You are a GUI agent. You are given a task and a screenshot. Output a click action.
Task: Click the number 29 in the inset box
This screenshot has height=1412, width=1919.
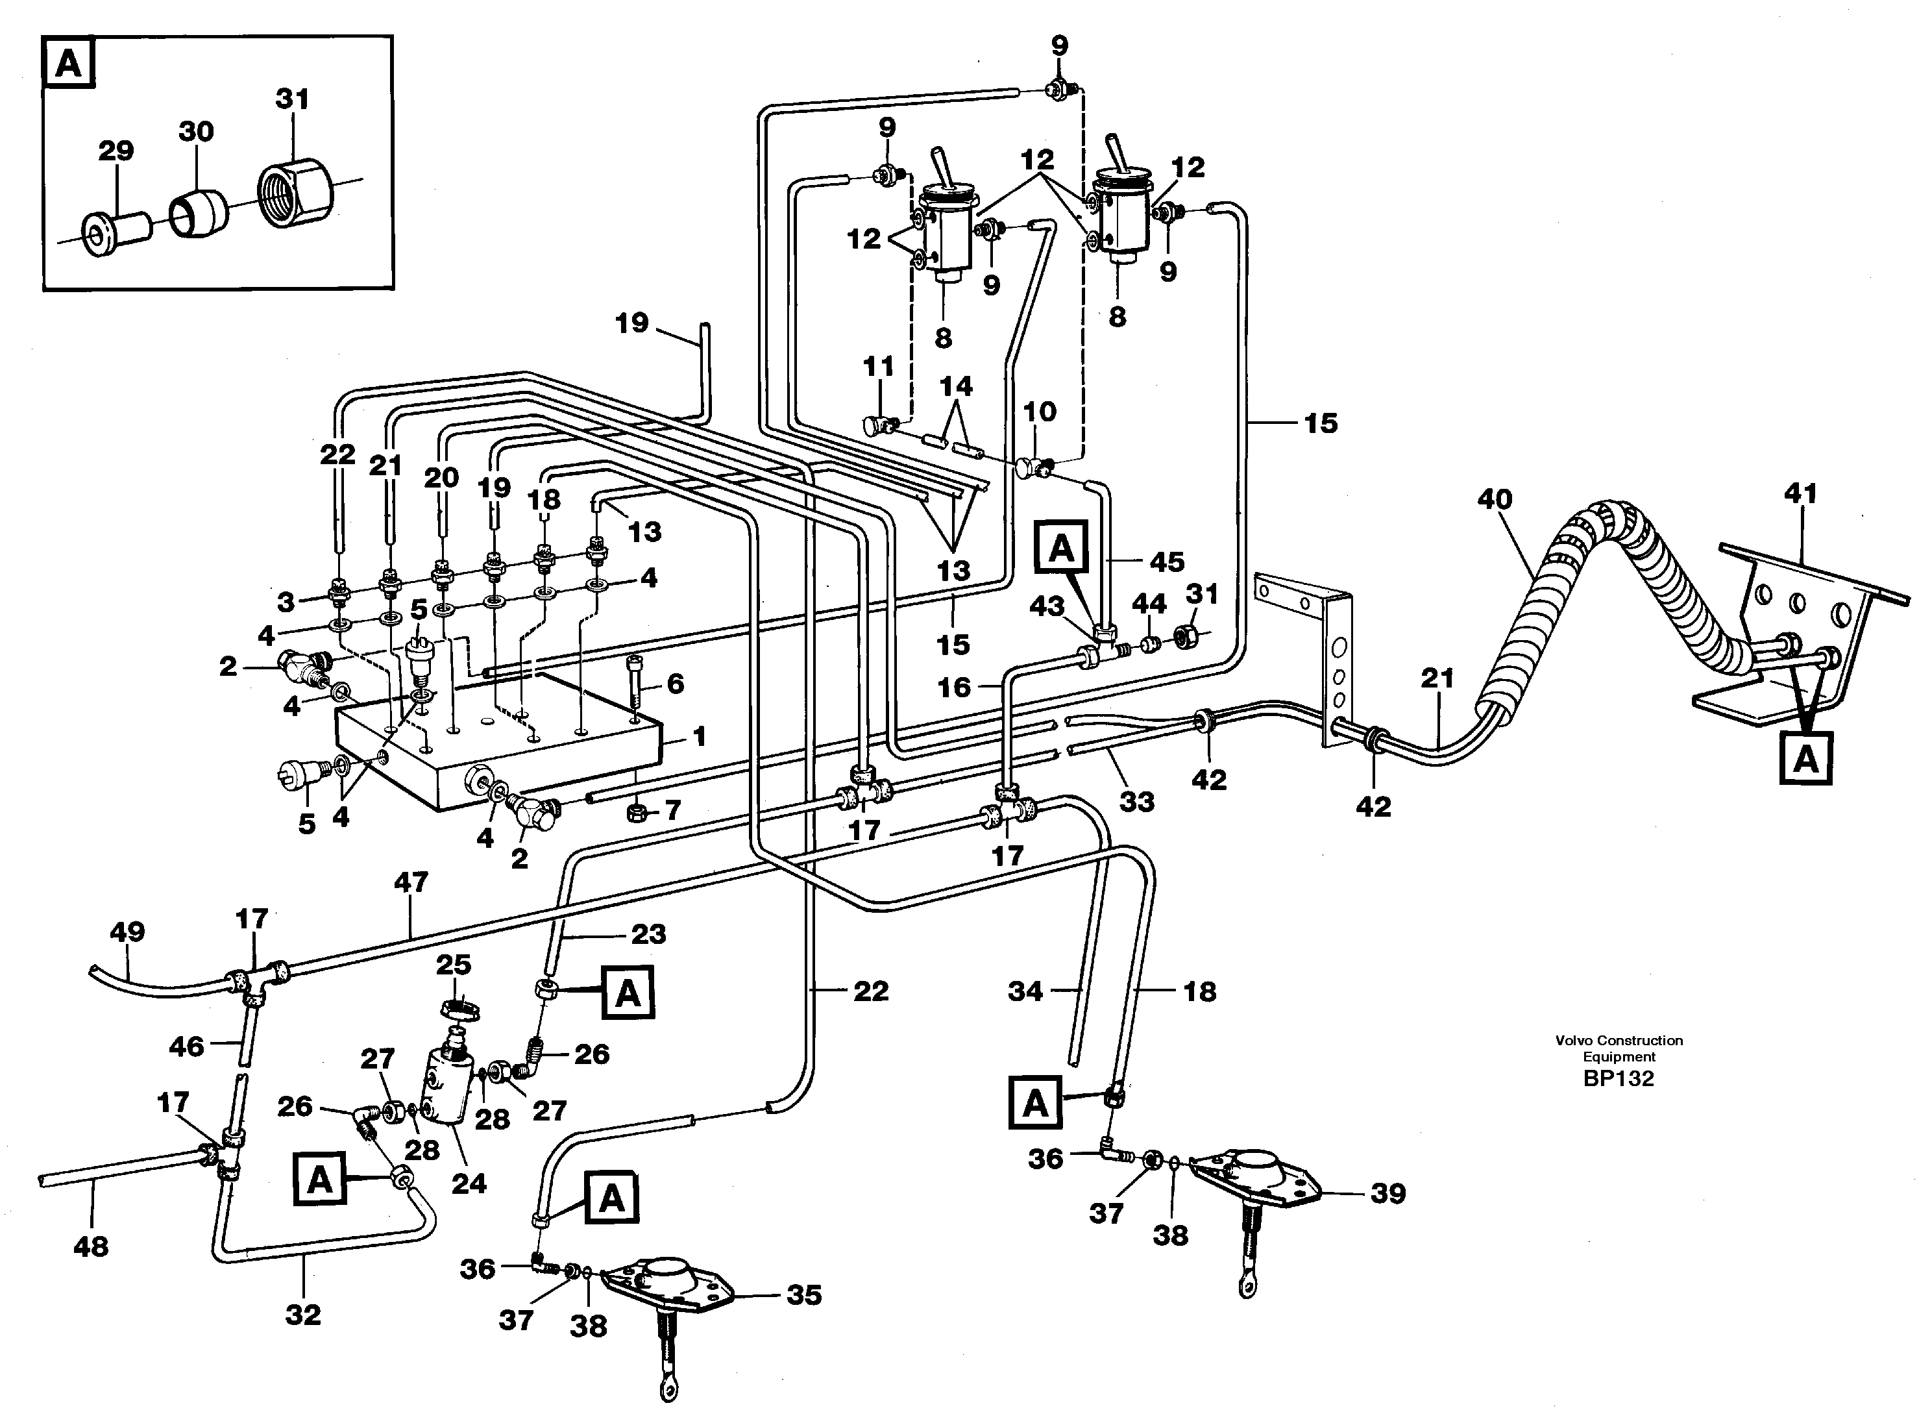point(116,151)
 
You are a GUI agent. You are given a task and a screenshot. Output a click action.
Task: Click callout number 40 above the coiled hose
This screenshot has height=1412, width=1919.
point(1495,499)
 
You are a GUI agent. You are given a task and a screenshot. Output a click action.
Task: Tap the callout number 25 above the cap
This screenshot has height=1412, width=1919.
point(454,964)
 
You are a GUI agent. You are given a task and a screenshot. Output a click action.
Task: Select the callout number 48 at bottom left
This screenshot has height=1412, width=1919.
point(92,1246)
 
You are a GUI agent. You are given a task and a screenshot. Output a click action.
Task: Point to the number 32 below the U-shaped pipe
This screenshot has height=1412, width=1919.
point(303,1314)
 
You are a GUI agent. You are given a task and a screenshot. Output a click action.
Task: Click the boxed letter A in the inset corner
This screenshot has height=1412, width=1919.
point(68,63)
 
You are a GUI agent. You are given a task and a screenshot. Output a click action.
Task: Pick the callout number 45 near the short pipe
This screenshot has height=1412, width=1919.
point(1167,561)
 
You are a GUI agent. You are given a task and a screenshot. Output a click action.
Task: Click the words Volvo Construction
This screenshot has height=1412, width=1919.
point(1619,1040)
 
